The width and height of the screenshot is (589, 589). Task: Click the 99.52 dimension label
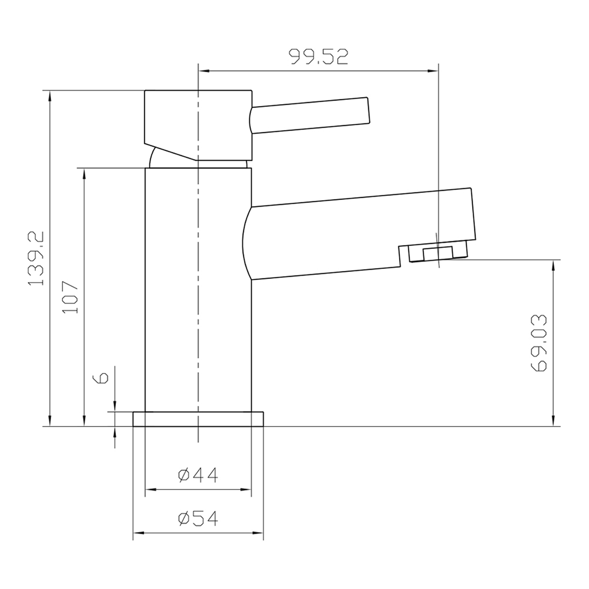[319, 57]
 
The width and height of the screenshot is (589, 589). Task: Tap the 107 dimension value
[70, 297]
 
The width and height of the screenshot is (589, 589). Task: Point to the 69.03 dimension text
[539, 343]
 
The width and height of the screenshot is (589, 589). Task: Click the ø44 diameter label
[198, 475]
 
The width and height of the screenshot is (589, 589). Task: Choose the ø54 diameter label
[198, 518]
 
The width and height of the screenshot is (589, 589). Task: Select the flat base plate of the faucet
[198, 419]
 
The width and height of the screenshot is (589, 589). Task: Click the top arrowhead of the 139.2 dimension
[49, 96]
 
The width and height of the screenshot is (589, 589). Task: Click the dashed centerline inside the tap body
[198, 294]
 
